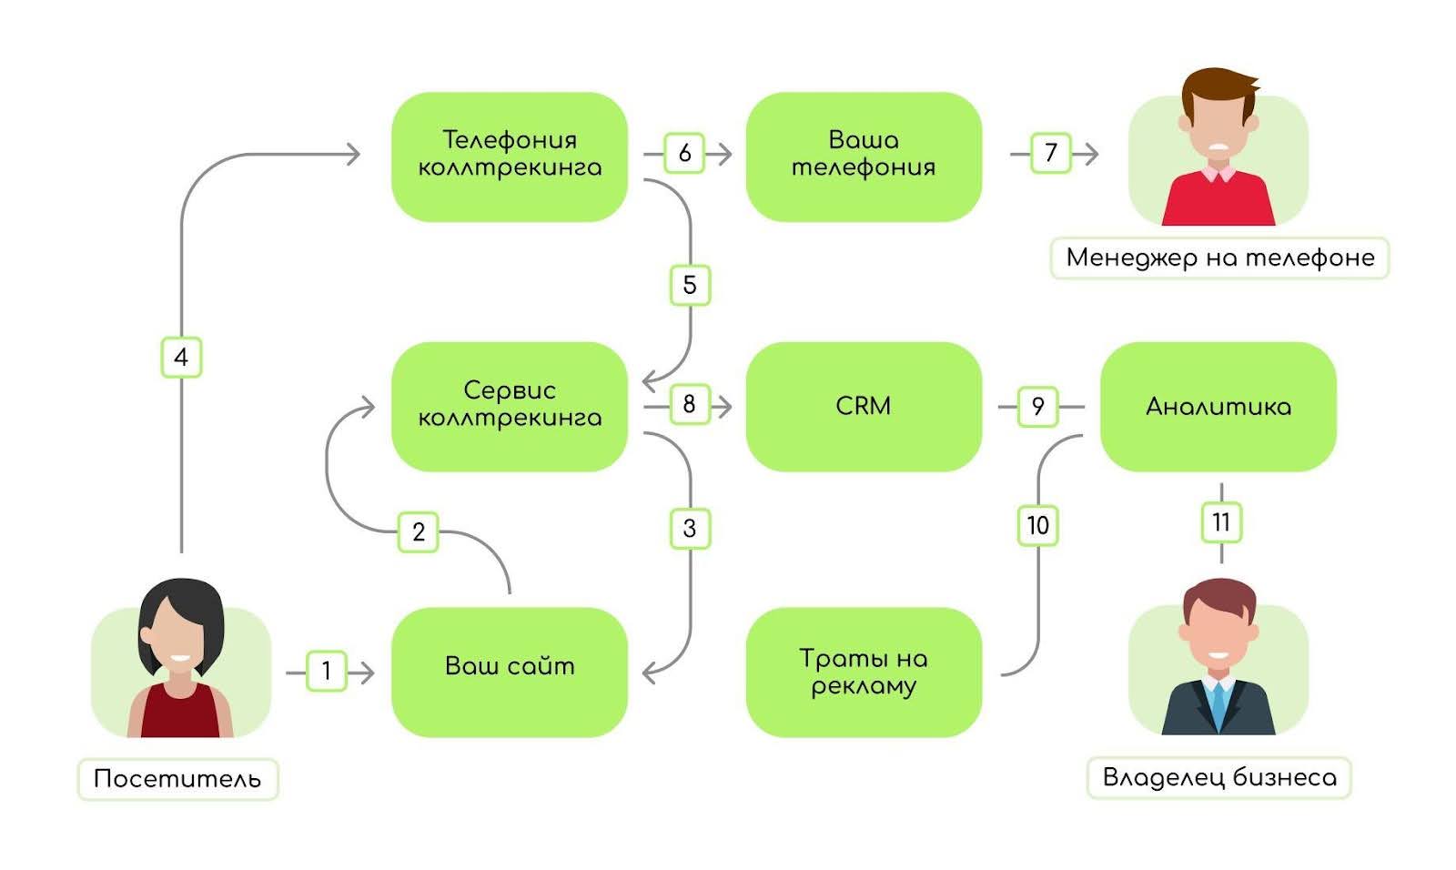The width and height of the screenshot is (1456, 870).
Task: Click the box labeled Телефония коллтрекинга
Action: click(x=510, y=156)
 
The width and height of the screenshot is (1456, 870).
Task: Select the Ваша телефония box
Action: click(x=864, y=156)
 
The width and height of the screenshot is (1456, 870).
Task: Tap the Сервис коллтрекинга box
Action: click(x=510, y=406)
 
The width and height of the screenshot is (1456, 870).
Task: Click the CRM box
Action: click(x=864, y=406)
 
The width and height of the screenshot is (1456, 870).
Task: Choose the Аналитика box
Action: click(x=1218, y=406)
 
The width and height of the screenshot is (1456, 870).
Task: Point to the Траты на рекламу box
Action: click(x=864, y=671)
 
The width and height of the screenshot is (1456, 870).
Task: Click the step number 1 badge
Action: click(x=327, y=672)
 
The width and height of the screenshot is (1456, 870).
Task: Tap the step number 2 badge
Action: click(x=419, y=531)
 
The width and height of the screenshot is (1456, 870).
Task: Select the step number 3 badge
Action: click(x=689, y=528)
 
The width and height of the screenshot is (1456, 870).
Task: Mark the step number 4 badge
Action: click(x=181, y=357)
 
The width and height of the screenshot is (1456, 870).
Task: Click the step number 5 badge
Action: click(x=689, y=285)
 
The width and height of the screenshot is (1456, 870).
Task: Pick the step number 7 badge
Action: click(x=1051, y=152)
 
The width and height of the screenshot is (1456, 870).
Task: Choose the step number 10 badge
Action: click(x=1037, y=525)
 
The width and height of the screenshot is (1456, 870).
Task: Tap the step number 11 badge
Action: click(x=1221, y=522)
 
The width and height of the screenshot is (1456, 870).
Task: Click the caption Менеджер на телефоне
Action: click(x=1219, y=258)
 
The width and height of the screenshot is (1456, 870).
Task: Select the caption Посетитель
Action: click(x=177, y=779)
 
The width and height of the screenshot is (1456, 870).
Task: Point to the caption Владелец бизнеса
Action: click(x=1219, y=777)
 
